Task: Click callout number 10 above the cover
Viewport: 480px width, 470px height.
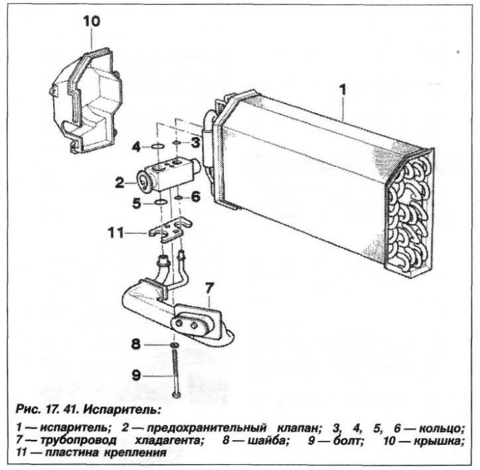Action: tap(92, 22)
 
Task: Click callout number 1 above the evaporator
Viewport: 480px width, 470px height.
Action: tap(343, 90)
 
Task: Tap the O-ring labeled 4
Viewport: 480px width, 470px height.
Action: tap(158, 146)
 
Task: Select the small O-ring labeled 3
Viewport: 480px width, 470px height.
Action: tap(177, 142)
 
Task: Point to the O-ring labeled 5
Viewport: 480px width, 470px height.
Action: tap(160, 202)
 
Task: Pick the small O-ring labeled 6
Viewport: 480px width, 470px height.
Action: tap(179, 199)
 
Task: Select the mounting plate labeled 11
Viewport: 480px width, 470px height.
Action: tap(171, 229)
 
